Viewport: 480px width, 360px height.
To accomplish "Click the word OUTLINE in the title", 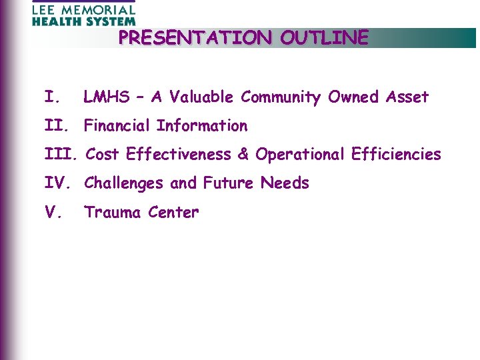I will (x=324, y=38).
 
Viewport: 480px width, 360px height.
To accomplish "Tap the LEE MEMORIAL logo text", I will (x=83, y=10).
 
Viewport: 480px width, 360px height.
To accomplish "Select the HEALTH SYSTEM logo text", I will (x=83, y=21).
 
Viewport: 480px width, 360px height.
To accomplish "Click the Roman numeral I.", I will (x=51, y=97).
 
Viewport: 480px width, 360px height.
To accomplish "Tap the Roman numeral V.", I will (x=53, y=213).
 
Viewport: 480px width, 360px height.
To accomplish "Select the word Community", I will (x=281, y=97).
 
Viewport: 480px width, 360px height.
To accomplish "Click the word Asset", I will (x=407, y=97).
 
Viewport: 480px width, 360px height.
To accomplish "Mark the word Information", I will (x=201, y=126).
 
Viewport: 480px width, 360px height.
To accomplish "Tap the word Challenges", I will (x=122, y=183).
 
